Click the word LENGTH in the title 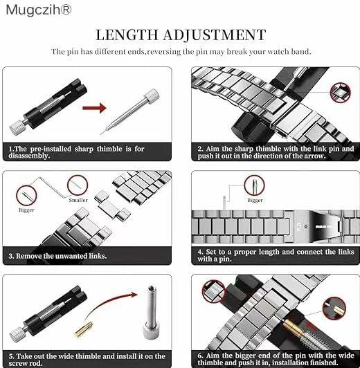click(x=126, y=35)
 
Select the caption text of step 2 click(x=276, y=152)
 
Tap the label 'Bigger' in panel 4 click(x=255, y=201)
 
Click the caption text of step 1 click(x=76, y=152)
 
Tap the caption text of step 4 click(x=276, y=255)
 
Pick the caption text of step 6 click(x=276, y=358)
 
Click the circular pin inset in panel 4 click(x=254, y=185)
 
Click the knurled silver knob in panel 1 click(x=16, y=127)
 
